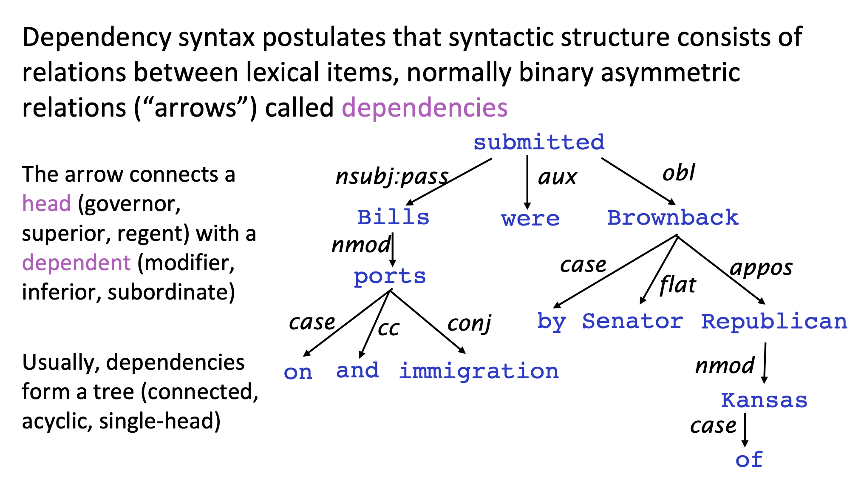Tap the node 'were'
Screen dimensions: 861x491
(530, 219)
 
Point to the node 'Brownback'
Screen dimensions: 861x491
(673, 217)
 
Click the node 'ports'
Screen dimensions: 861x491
(390, 277)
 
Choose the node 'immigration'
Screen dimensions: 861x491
(479, 371)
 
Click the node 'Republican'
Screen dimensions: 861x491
(774, 322)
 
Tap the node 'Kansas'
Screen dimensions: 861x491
(764, 400)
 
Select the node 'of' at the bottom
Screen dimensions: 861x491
(749, 460)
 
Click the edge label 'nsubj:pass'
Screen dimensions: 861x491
(392, 177)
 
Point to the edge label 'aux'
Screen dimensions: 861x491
(557, 177)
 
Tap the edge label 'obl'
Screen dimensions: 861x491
(679, 173)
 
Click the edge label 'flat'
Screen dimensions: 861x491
(678, 285)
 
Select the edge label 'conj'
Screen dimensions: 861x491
(470, 324)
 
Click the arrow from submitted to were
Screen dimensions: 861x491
(527, 183)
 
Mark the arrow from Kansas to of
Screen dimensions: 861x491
(745, 430)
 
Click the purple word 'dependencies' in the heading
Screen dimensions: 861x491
(425, 107)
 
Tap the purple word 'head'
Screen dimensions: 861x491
(46, 203)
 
